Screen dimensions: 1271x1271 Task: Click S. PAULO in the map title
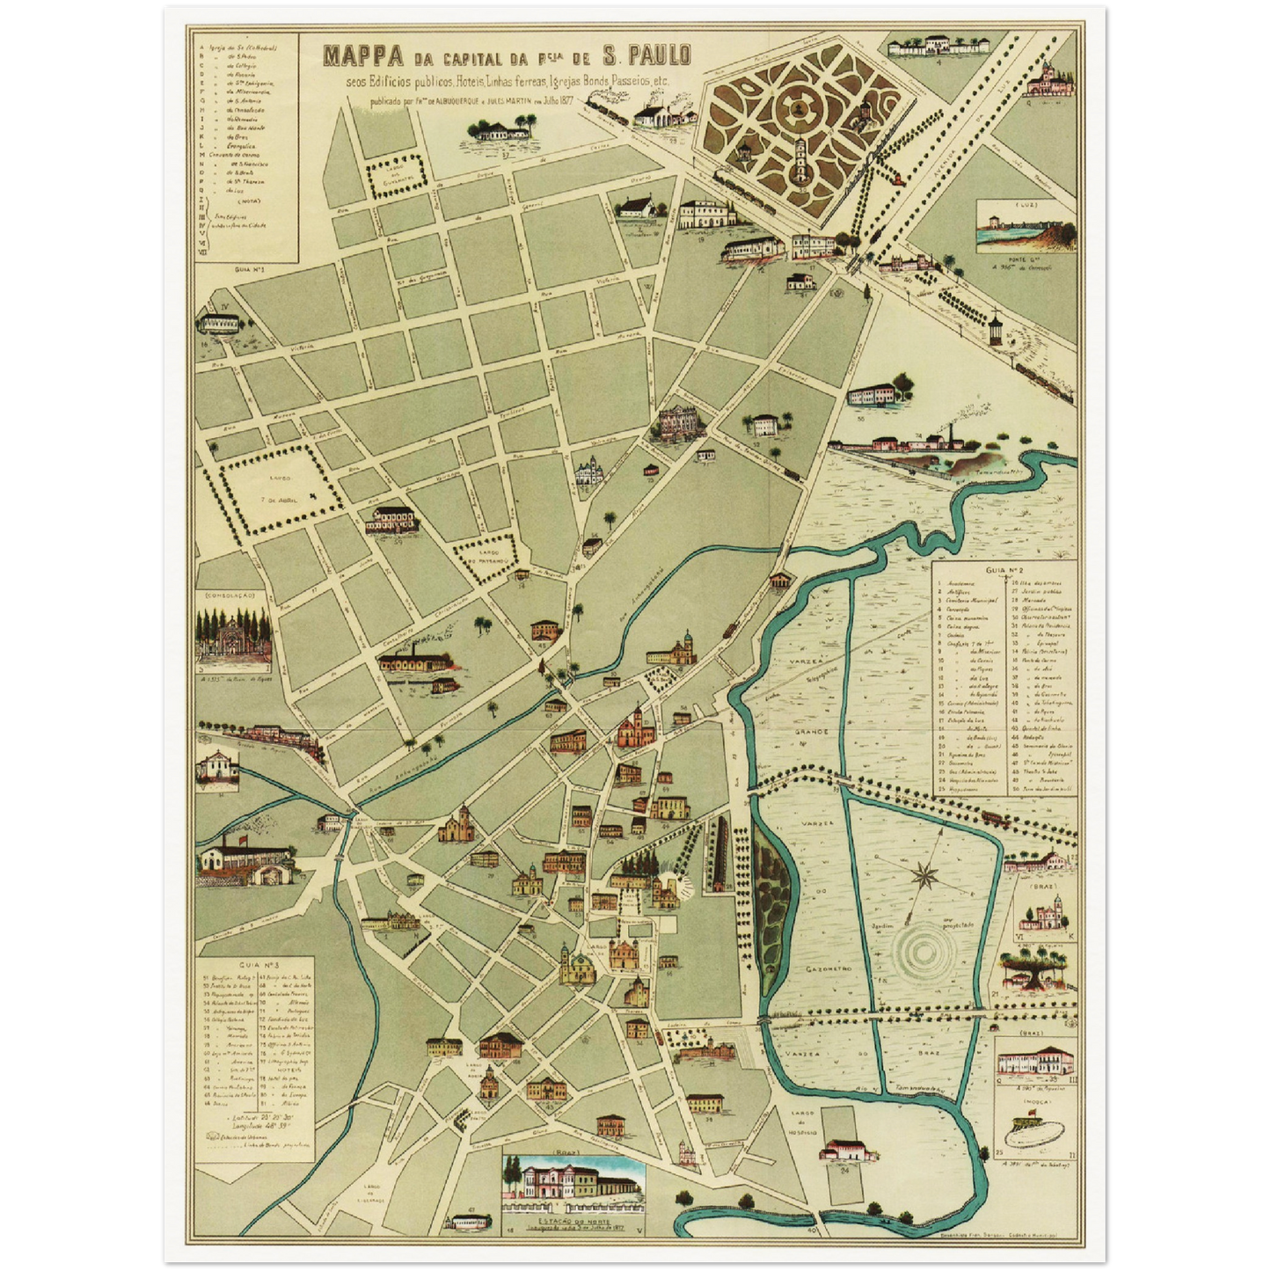[x=646, y=55]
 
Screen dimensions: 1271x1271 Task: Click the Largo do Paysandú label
[x=484, y=557]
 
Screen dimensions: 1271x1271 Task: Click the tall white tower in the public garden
[x=801, y=161]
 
